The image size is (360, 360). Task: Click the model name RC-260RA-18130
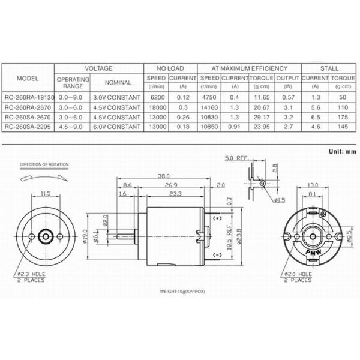pos(28,97)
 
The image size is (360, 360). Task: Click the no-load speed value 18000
pos(155,107)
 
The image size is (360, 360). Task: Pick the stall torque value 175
pos(343,117)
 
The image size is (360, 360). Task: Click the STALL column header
pos(329,68)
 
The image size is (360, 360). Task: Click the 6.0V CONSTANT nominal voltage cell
pos(117,127)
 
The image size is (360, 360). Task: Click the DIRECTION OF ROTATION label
pos(44,163)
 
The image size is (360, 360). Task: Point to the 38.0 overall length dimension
pos(163,176)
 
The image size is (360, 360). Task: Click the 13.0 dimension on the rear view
pos(312,185)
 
